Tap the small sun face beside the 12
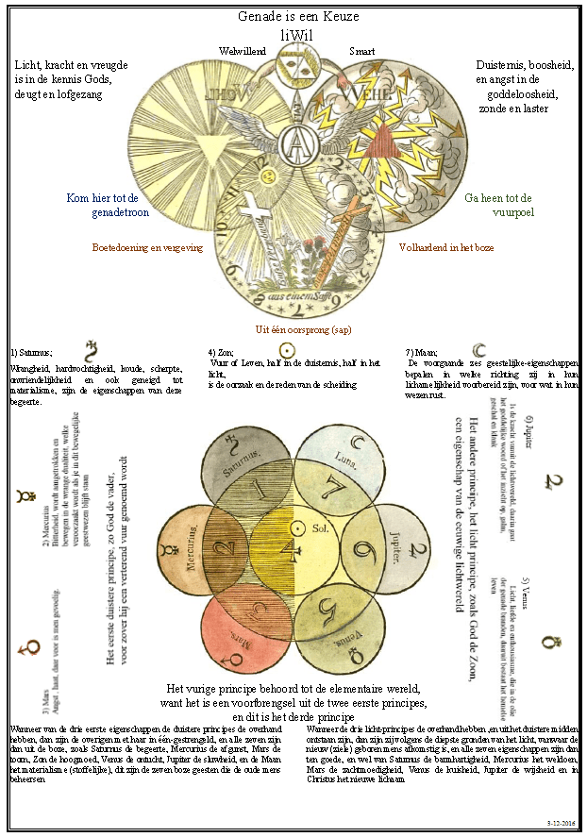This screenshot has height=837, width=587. (x=268, y=176)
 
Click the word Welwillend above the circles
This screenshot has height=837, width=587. (x=242, y=50)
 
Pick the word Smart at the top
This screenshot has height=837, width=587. (x=362, y=50)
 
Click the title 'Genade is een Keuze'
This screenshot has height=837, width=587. (x=294, y=18)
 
